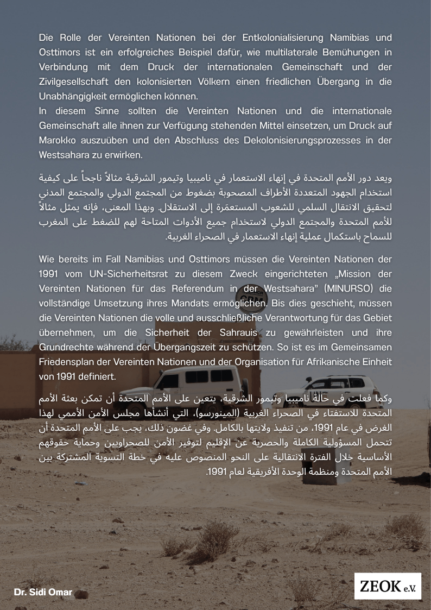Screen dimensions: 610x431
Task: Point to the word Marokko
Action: pyautogui.click(x=57, y=140)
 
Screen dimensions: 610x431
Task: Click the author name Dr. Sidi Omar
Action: pyautogui.click(x=43, y=592)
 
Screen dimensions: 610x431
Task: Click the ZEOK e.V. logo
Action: pyautogui.click(x=387, y=586)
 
